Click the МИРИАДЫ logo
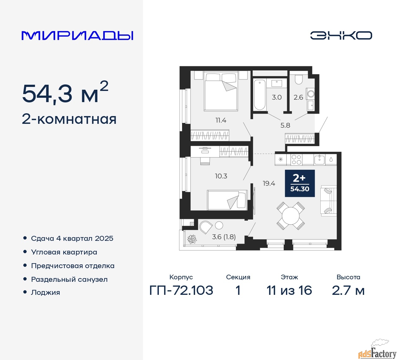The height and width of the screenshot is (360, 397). (x=77, y=36)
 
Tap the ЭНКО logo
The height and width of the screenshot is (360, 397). (x=341, y=35)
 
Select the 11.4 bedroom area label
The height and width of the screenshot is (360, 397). (x=221, y=120)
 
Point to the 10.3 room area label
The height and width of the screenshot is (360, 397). (x=221, y=176)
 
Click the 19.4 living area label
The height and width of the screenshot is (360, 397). (x=269, y=183)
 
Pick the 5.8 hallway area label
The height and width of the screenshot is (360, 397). (x=285, y=125)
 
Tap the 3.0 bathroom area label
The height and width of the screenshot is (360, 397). (x=277, y=97)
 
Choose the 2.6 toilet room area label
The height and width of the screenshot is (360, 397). (x=298, y=97)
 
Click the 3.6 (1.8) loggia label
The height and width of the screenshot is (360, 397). (x=224, y=237)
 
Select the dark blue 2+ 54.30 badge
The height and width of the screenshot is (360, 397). (x=300, y=183)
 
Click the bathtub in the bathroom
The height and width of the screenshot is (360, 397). (x=260, y=95)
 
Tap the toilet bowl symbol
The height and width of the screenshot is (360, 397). (x=298, y=79)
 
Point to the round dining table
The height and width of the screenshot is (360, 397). (x=291, y=216)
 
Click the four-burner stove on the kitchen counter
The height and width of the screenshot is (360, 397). (x=297, y=160)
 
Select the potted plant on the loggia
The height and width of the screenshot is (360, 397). (x=192, y=239)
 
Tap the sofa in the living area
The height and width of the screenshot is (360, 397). (x=329, y=200)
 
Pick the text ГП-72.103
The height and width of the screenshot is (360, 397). (x=181, y=290)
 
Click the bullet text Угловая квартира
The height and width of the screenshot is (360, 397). (x=64, y=252)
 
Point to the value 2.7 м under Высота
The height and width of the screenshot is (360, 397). (x=348, y=290)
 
